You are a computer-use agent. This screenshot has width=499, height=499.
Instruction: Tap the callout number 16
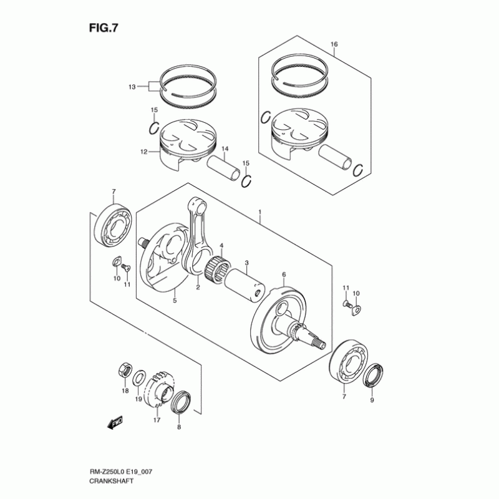click(x=334, y=44)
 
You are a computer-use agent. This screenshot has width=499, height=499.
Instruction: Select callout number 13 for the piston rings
click(x=132, y=87)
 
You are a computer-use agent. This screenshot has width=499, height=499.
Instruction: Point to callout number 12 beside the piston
click(x=143, y=152)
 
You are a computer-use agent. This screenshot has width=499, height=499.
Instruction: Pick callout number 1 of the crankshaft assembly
click(x=260, y=213)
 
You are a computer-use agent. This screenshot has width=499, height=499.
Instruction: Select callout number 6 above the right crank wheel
click(x=284, y=274)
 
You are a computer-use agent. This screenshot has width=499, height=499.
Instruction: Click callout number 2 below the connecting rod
click(x=198, y=288)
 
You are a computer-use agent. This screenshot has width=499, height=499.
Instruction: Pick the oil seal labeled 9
click(x=375, y=376)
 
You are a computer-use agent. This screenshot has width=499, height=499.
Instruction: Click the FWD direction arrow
click(x=115, y=424)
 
